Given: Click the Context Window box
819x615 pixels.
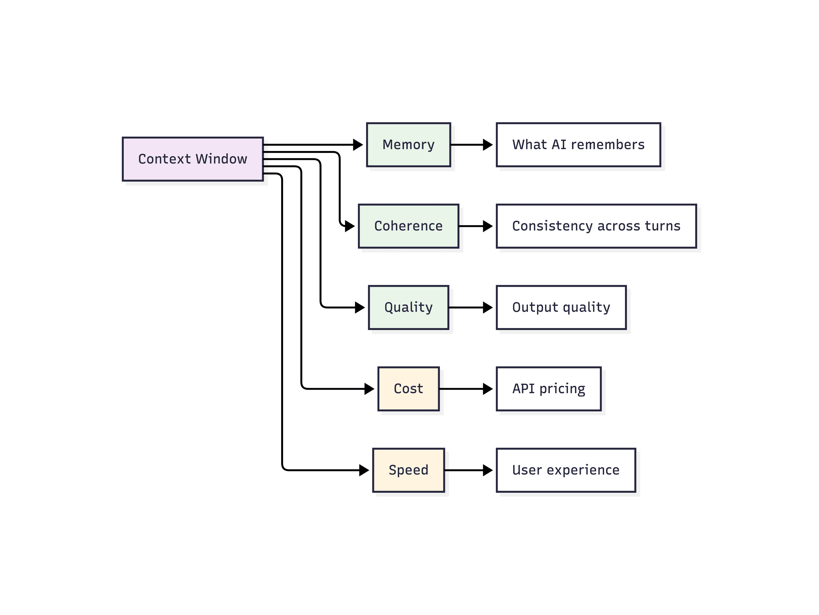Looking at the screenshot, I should (x=193, y=159).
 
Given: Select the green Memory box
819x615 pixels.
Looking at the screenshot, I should (x=408, y=144).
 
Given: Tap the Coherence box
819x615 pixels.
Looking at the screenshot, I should (x=408, y=226).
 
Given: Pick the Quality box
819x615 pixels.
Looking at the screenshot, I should (x=408, y=307).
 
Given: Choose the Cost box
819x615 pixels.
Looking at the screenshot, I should (x=408, y=389).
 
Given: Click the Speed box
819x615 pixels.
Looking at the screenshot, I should (x=408, y=470).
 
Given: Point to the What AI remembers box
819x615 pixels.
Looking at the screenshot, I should (x=578, y=144).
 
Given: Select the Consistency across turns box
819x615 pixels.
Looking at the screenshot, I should (x=596, y=226).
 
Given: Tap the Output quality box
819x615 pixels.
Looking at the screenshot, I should (x=561, y=307).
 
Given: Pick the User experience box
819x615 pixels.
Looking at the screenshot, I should (x=566, y=470).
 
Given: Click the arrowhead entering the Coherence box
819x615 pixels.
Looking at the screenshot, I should (x=350, y=226).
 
